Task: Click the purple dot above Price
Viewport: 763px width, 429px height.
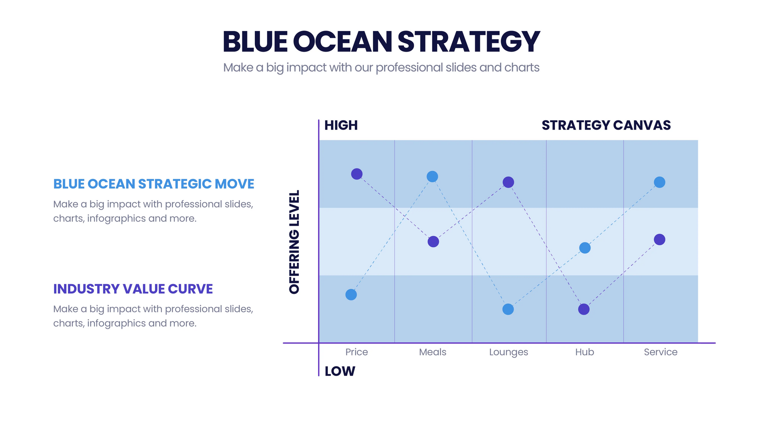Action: click(x=356, y=174)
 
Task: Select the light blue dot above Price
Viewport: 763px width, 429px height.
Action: click(x=351, y=295)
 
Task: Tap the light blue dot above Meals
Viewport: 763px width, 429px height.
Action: click(x=432, y=177)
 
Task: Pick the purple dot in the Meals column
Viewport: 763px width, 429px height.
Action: click(x=433, y=242)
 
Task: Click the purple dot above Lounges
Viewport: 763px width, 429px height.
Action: click(x=508, y=182)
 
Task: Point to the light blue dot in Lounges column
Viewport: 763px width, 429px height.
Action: click(x=508, y=310)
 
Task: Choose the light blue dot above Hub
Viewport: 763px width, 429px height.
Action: click(x=585, y=248)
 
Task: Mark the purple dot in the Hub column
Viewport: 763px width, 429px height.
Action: click(x=584, y=310)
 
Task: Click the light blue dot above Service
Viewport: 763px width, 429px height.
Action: click(x=659, y=182)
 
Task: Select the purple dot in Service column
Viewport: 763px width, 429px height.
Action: click(x=659, y=239)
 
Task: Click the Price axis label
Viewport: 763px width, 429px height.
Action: click(x=356, y=352)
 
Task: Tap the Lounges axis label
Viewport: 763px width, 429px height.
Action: click(x=509, y=352)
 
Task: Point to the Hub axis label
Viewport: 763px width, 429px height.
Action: click(x=584, y=352)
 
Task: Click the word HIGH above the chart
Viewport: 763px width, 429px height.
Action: click(x=341, y=125)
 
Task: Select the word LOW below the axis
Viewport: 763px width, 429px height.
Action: click(x=340, y=371)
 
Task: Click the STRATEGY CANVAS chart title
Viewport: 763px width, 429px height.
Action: click(x=606, y=125)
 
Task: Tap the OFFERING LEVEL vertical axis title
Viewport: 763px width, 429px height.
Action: click(x=294, y=242)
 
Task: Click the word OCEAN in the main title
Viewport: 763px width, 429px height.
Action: click(x=342, y=42)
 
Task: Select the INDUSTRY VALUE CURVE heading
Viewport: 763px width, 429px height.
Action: click(x=133, y=289)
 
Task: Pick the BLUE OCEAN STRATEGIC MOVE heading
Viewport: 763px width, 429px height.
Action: click(x=154, y=184)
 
